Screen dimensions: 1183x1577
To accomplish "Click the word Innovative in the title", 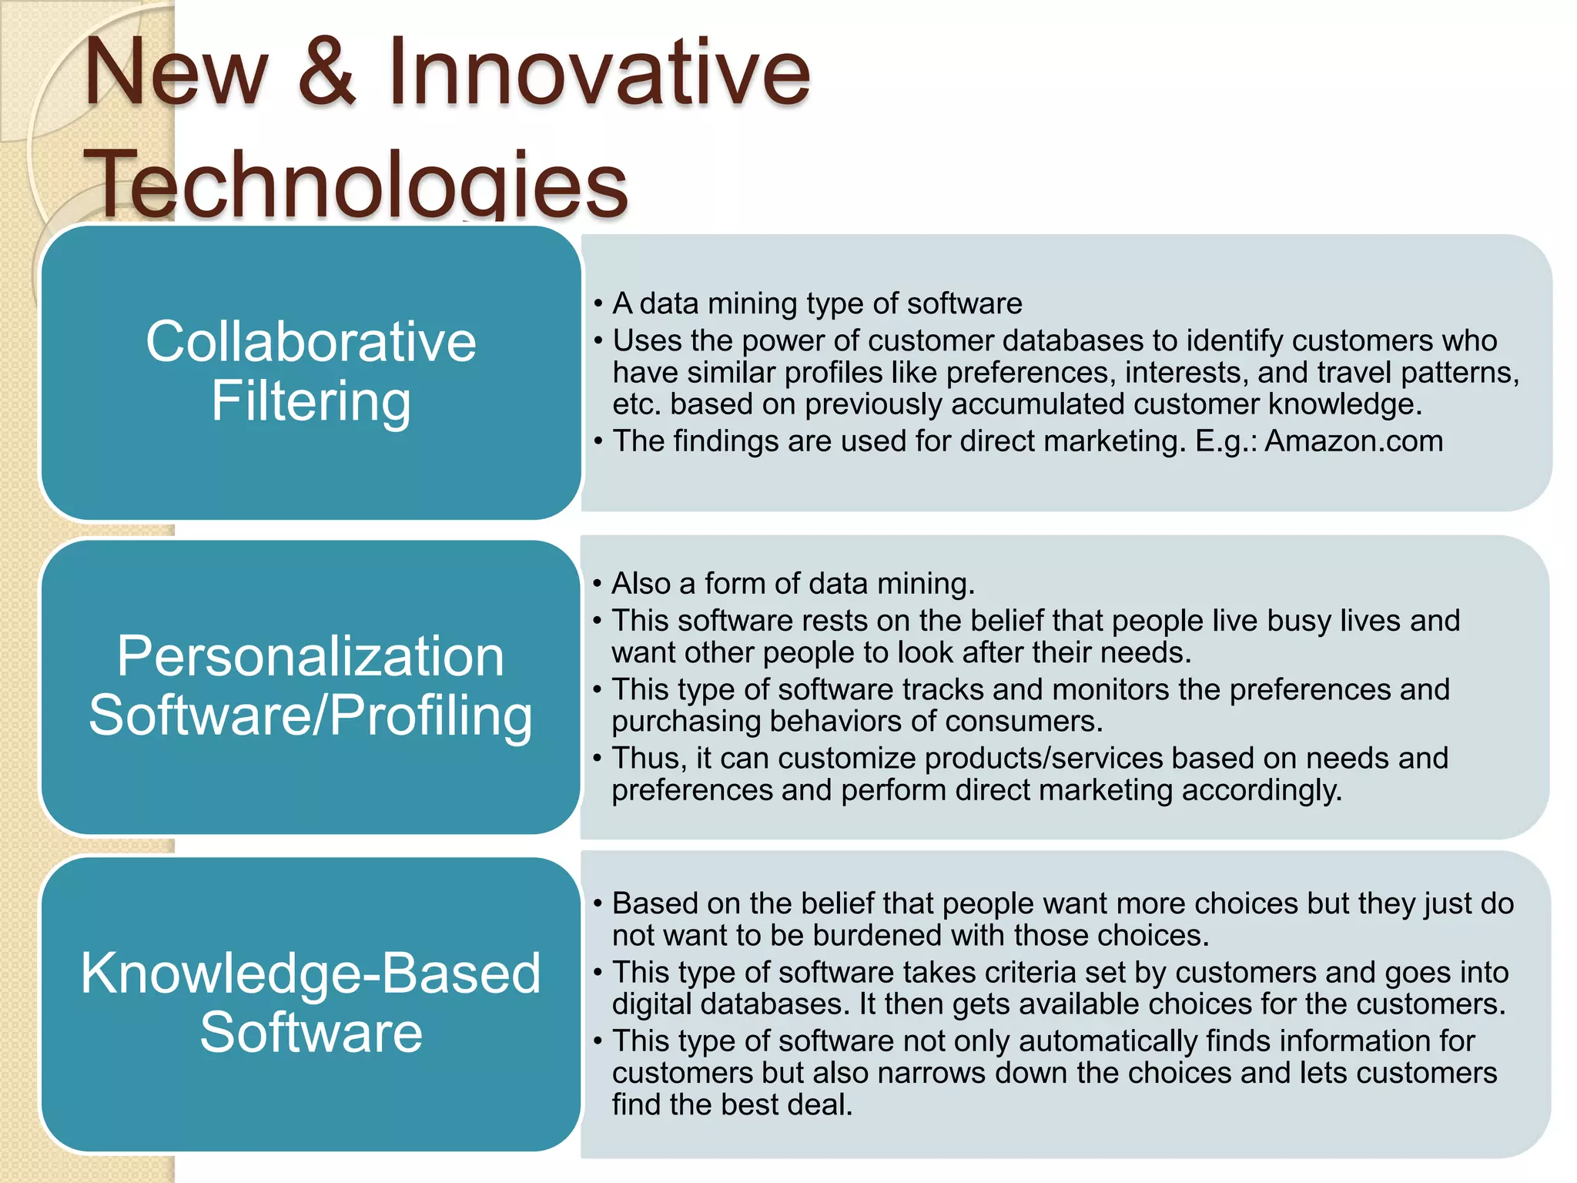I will [x=598, y=72].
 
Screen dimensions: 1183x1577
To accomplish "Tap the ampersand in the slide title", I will [x=326, y=72].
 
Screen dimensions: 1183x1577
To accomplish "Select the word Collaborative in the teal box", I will [x=311, y=341].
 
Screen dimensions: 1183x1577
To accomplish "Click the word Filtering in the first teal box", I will [x=311, y=400].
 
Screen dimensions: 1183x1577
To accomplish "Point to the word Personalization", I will [x=311, y=656].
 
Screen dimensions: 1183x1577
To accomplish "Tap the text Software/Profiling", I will [x=311, y=715].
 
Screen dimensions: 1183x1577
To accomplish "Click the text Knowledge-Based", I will [x=311, y=973].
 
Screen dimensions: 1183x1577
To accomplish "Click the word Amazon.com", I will [x=1354, y=441].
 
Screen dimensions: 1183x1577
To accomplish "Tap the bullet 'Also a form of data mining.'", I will [x=793, y=584].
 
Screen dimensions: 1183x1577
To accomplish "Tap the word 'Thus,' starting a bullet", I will [x=649, y=759].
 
